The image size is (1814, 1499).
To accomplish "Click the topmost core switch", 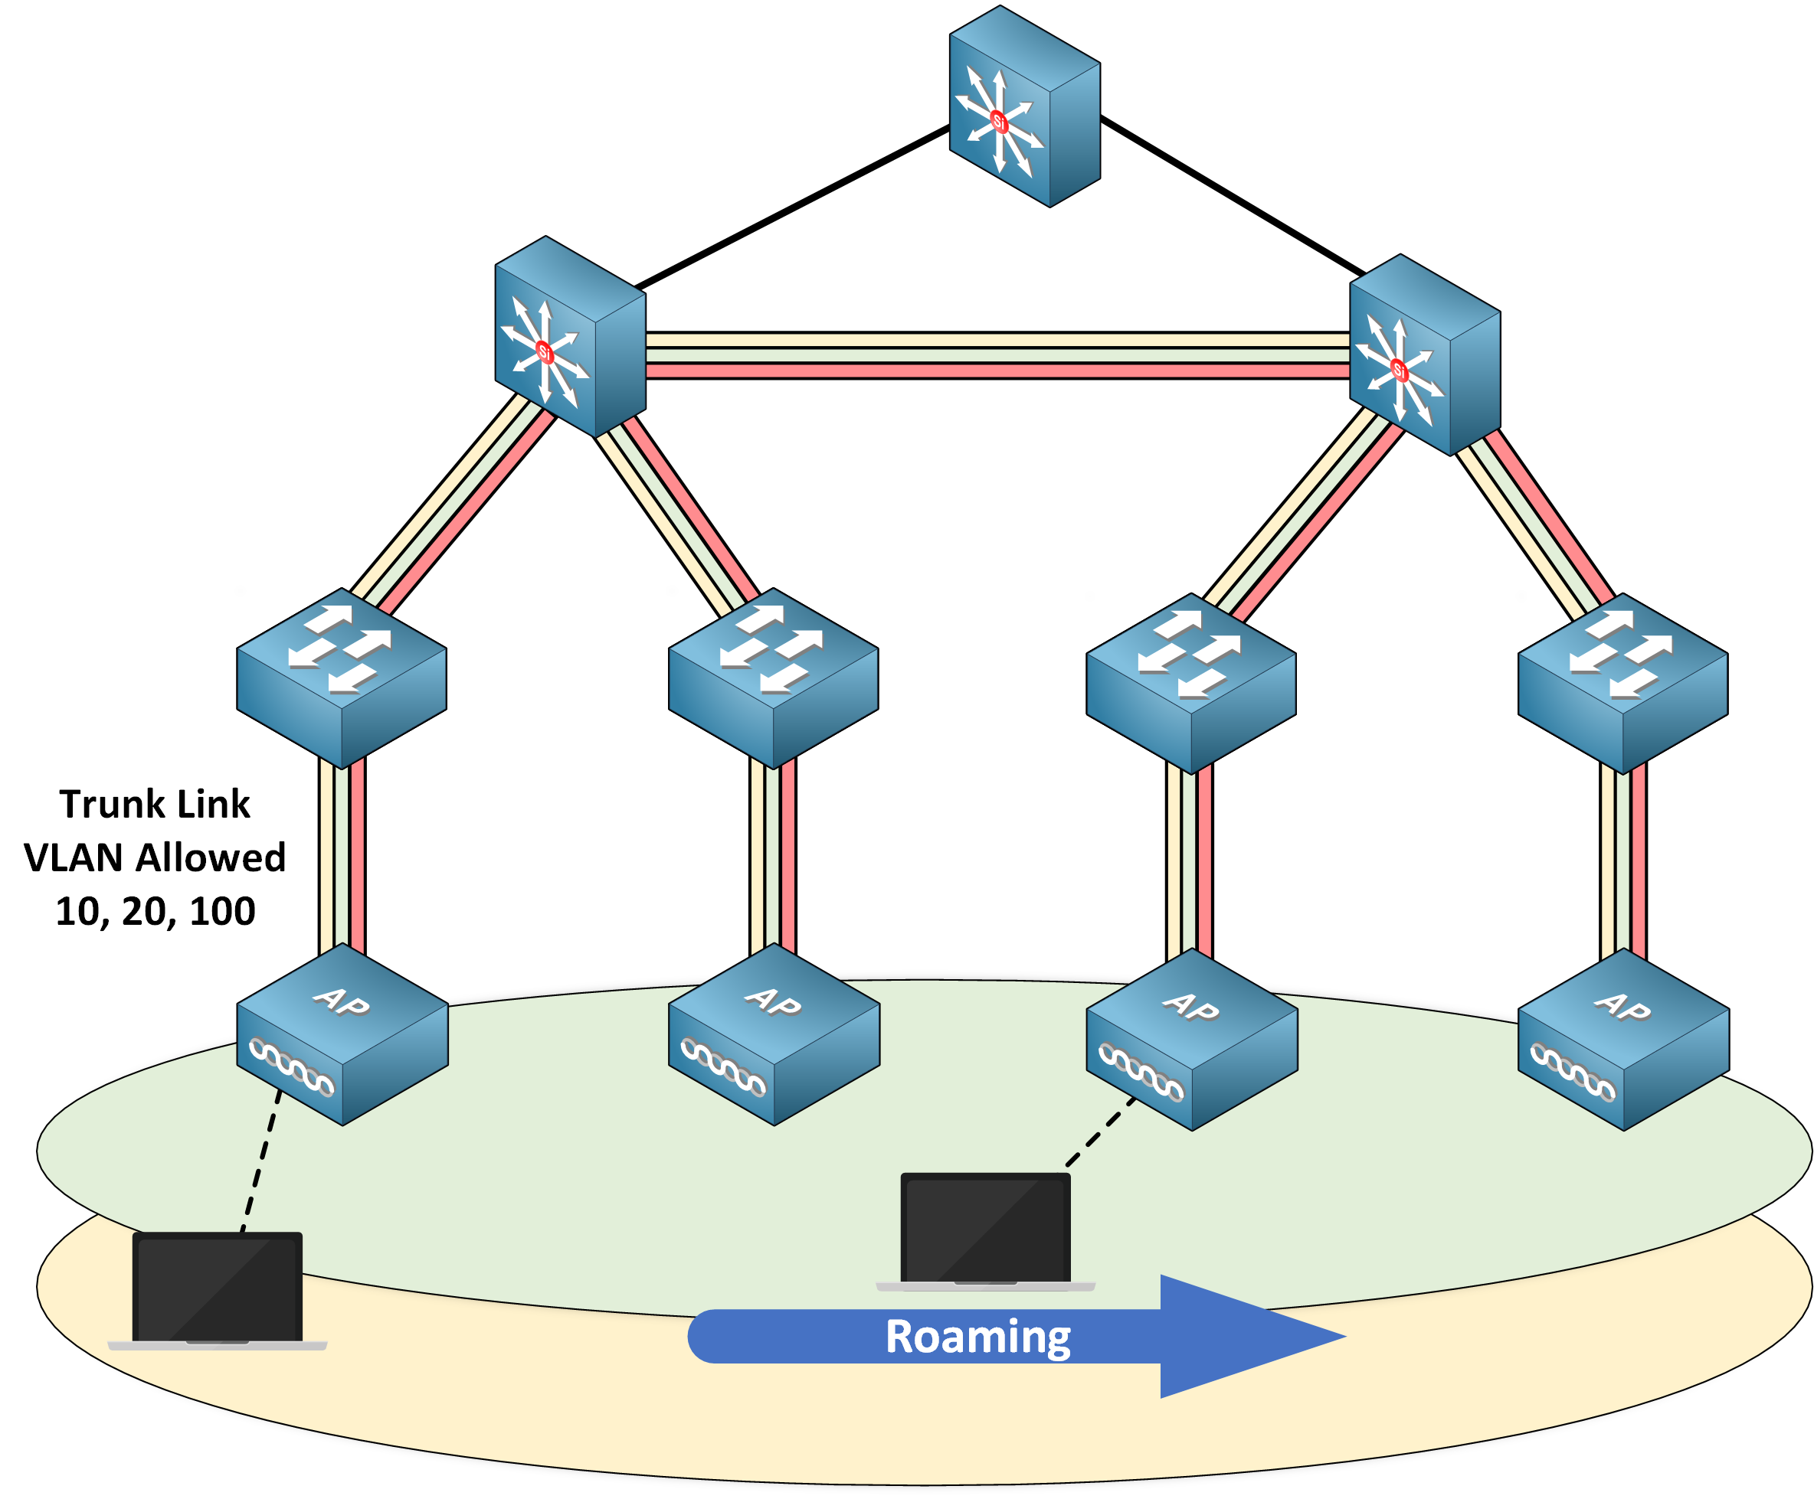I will (x=1024, y=107).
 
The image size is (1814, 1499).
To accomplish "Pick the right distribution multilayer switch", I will (x=1424, y=355).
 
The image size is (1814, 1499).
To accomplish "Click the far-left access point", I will (x=343, y=1034).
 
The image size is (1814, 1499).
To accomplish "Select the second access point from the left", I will (x=774, y=1034).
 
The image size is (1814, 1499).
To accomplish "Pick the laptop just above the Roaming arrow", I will (x=986, y=1231).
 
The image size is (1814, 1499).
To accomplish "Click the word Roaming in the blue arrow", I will (x=977, y=1337).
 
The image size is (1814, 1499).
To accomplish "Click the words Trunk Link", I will (x=155, y=804).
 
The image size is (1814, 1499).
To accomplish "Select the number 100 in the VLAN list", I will (x=222, y=912).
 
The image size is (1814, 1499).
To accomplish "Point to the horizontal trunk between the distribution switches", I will (x=997, y=356).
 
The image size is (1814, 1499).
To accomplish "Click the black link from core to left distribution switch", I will (x=792, y=207).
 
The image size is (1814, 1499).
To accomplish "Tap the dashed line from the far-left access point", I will (x=261, y=1161).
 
